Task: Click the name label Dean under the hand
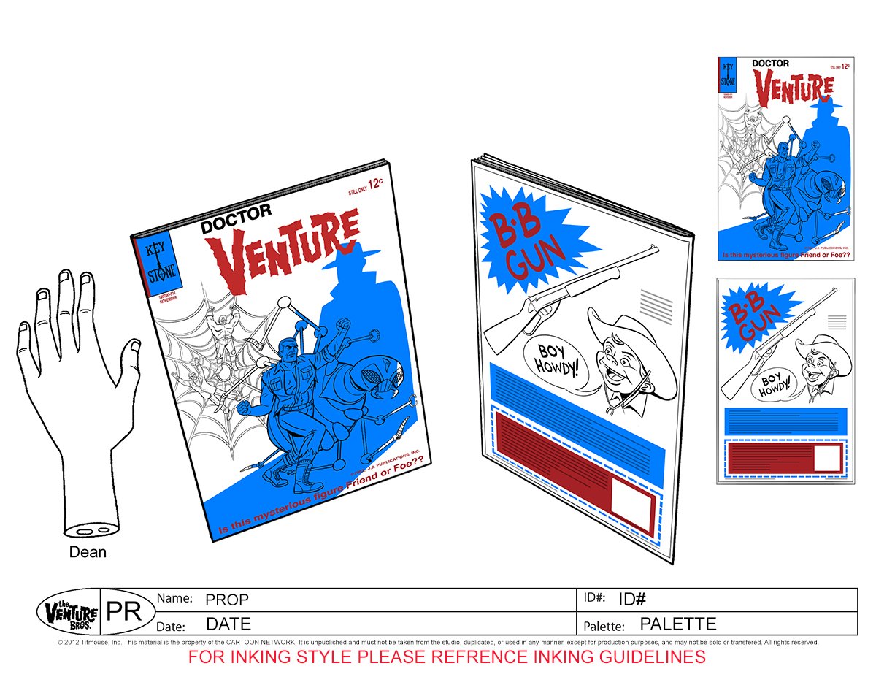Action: click(88, 552)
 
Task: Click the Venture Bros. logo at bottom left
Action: click(67, 611)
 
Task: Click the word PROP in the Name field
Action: click(227, 600)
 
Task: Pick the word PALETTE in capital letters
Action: click(677, 624)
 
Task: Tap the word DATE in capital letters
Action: click(228, 624)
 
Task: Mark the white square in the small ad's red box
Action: click(826, 459)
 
